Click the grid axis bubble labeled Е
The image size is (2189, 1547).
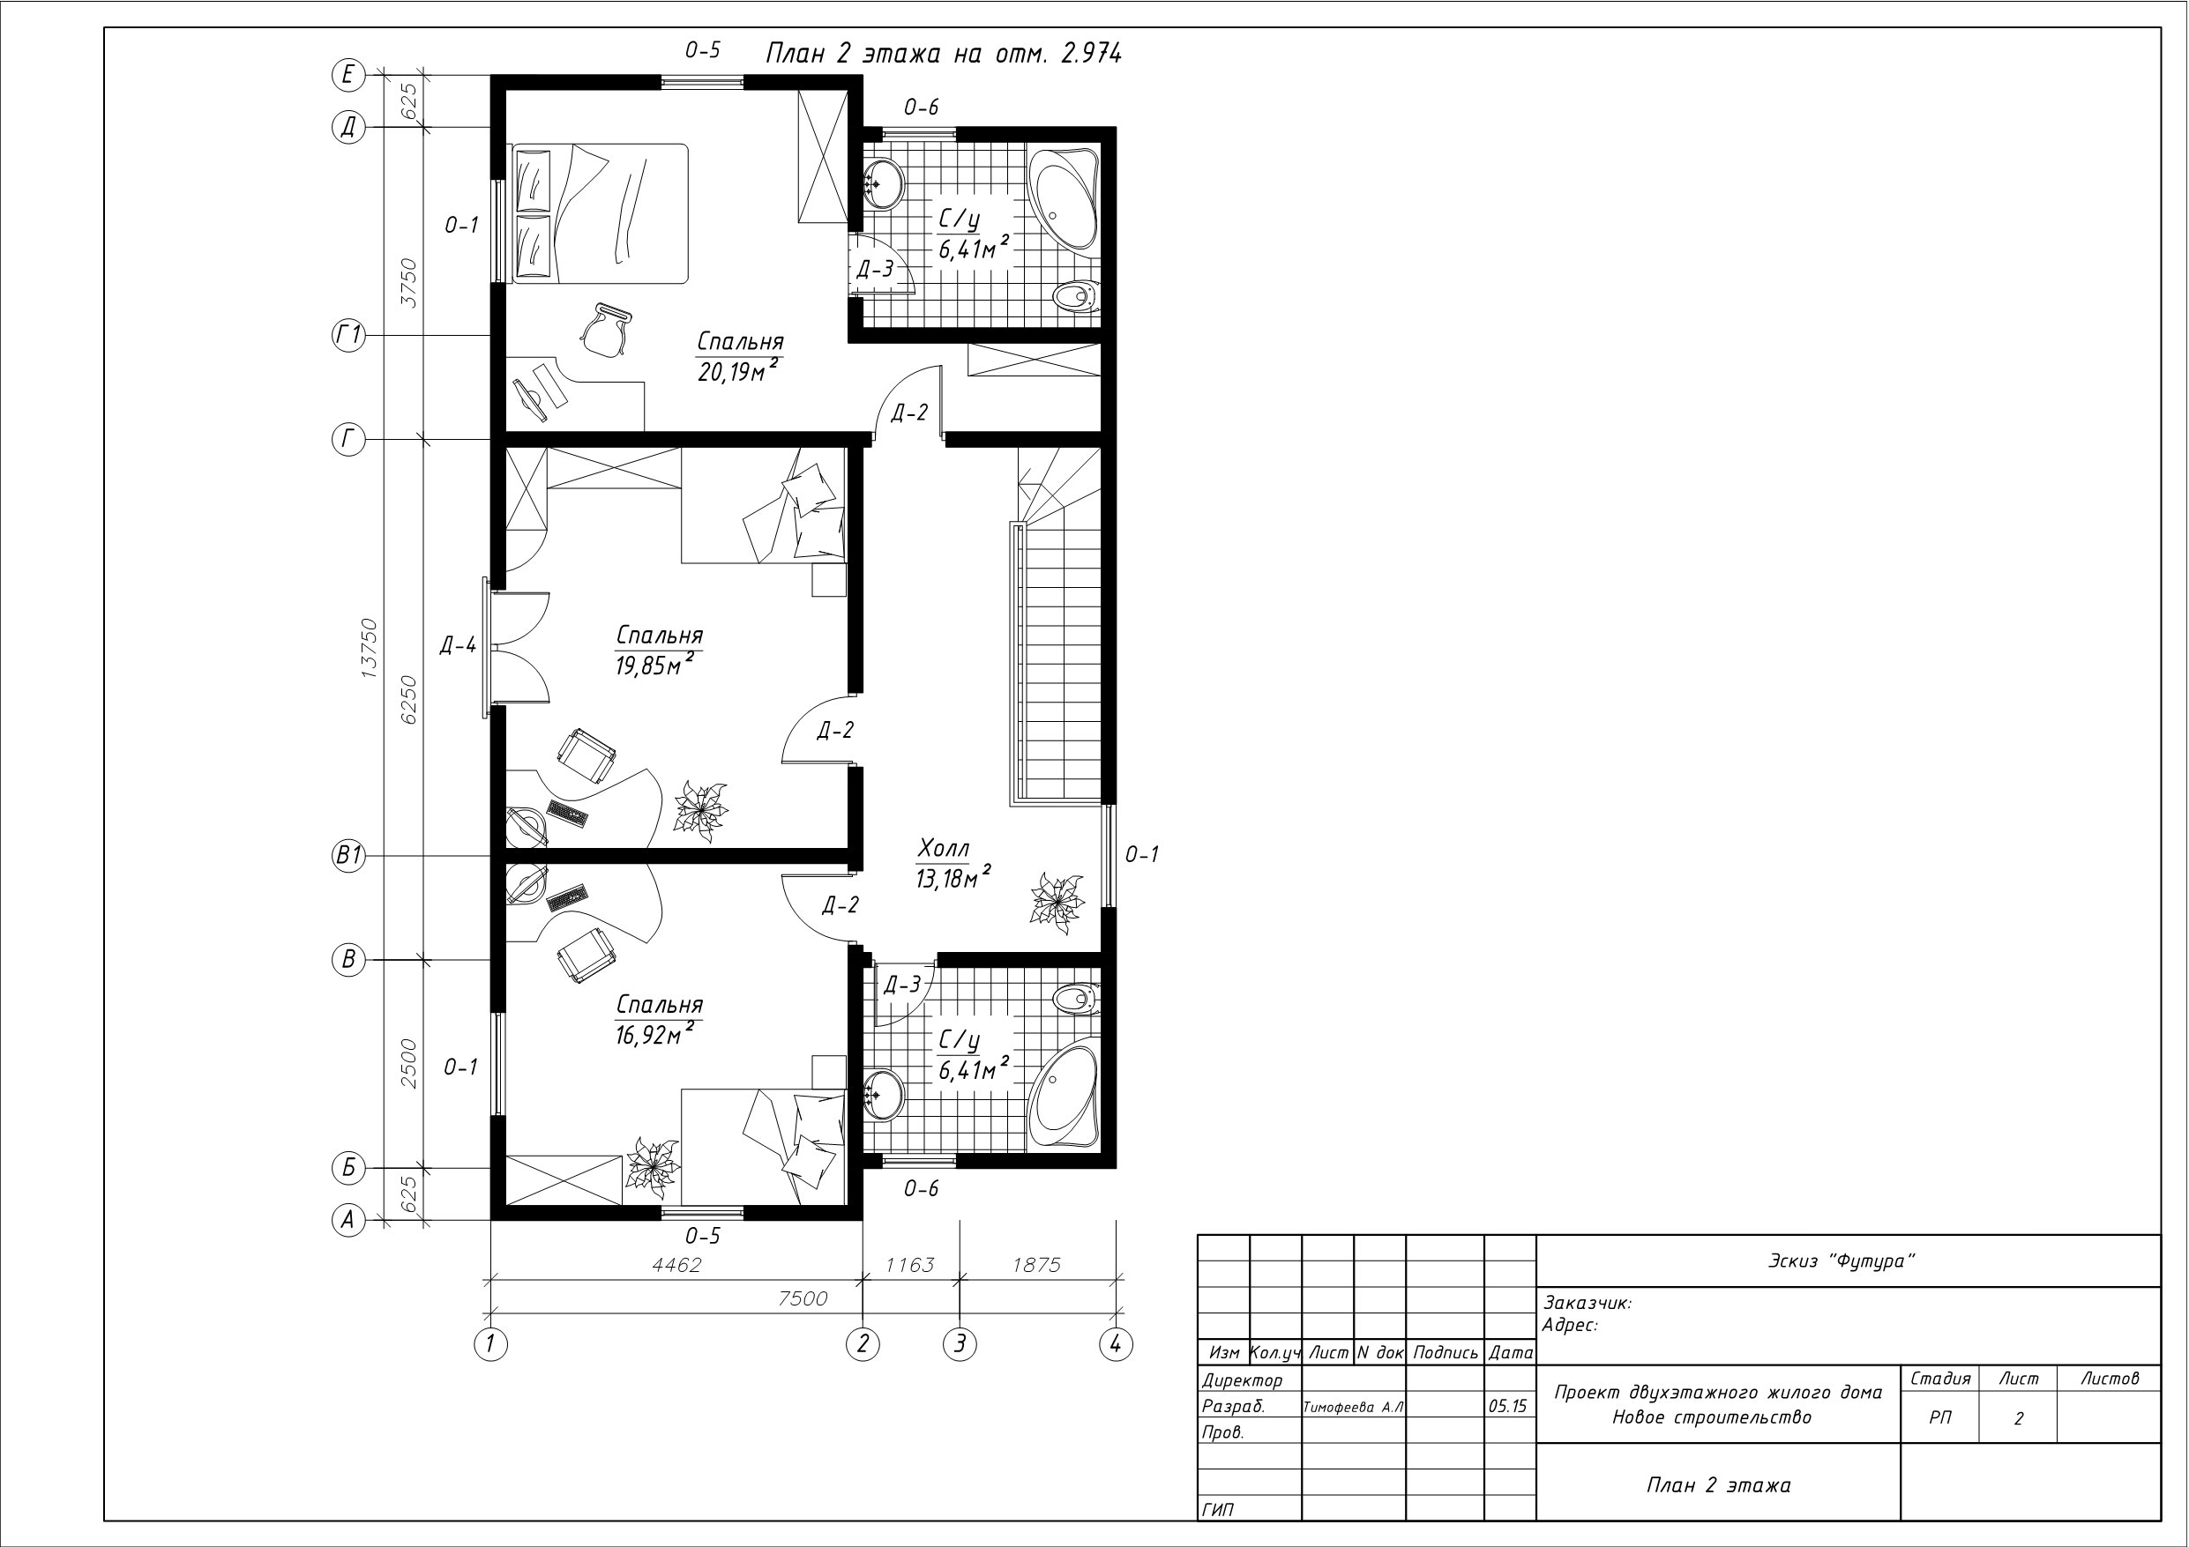348,74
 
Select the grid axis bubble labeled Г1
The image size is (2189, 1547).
348,336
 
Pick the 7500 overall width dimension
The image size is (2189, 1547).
803,1298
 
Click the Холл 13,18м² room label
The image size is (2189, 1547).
953,864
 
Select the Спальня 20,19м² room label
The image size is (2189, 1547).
740,356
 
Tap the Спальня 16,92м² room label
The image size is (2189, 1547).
659,1020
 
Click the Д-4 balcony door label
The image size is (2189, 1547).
458,646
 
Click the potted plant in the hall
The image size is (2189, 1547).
1057,897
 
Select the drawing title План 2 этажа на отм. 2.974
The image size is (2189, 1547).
944,54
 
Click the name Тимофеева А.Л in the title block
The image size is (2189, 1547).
1353,1407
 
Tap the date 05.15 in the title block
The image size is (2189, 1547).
1507,1406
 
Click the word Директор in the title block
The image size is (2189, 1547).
1243,1380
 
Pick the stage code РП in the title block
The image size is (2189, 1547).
1940,1417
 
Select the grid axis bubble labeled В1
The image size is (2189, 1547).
348,856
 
